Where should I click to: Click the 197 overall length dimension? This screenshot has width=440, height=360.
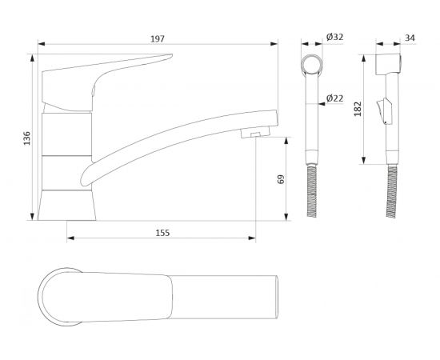click(x=158, y=39)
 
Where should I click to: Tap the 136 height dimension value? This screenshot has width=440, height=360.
click(x=27, y=138)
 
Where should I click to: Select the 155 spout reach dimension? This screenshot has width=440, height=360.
click(x=162, y=233)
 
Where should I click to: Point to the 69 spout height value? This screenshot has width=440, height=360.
click(x=281, y=179)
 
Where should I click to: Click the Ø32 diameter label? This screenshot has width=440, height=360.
click(x=334, y=37)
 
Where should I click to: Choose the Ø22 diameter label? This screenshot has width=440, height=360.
click(x=334, y=98)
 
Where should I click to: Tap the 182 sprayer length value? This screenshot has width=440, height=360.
click(x=358, y=109)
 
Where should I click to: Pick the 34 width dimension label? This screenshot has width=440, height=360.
click(x=410, y=38)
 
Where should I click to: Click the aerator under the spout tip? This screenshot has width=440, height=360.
click(x=254, y=133)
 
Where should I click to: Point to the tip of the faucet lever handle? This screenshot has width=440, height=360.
click(x=172, y=55)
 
